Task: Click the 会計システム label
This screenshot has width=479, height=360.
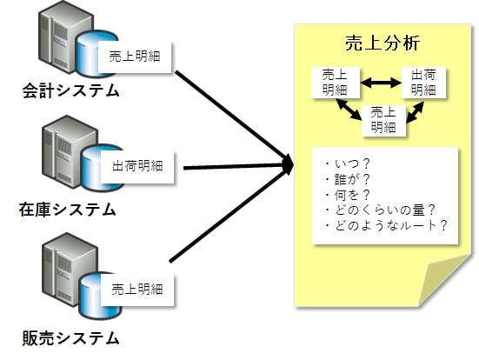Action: click(x=70, y=90)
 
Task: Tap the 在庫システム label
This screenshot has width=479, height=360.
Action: click(x=68, y=210)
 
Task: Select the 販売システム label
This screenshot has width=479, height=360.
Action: click(x=70, y=338)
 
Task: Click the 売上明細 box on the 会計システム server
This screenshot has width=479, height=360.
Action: click(x=135, y=57)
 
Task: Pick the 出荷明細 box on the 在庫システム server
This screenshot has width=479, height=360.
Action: click(x=137, y=167)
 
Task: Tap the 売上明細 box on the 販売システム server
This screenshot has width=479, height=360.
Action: click(x=137, y=290)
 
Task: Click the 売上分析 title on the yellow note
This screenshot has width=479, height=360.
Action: click(x=383, y=43)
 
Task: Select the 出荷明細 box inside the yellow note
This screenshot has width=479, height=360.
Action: click(x=423, y=83)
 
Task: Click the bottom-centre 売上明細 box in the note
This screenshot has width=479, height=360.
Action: click(x=383, y=120)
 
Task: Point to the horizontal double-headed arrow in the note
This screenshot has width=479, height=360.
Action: click(x=381, y=83)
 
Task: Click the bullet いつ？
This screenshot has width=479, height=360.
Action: click(x=348, y=164)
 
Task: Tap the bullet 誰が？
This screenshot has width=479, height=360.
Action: click(x=348, y=179)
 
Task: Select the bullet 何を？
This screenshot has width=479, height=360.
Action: click(x=348, y=195)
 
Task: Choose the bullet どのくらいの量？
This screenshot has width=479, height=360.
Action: click(x=380, y=210)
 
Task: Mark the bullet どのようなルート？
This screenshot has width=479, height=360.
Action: click(x=386, y=226)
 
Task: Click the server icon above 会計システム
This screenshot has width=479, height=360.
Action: click(x=77, y=40)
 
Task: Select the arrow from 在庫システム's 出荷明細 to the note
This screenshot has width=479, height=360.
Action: click(x=238, y=166)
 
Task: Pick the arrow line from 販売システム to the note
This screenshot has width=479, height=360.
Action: click(x=230, y=215)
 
